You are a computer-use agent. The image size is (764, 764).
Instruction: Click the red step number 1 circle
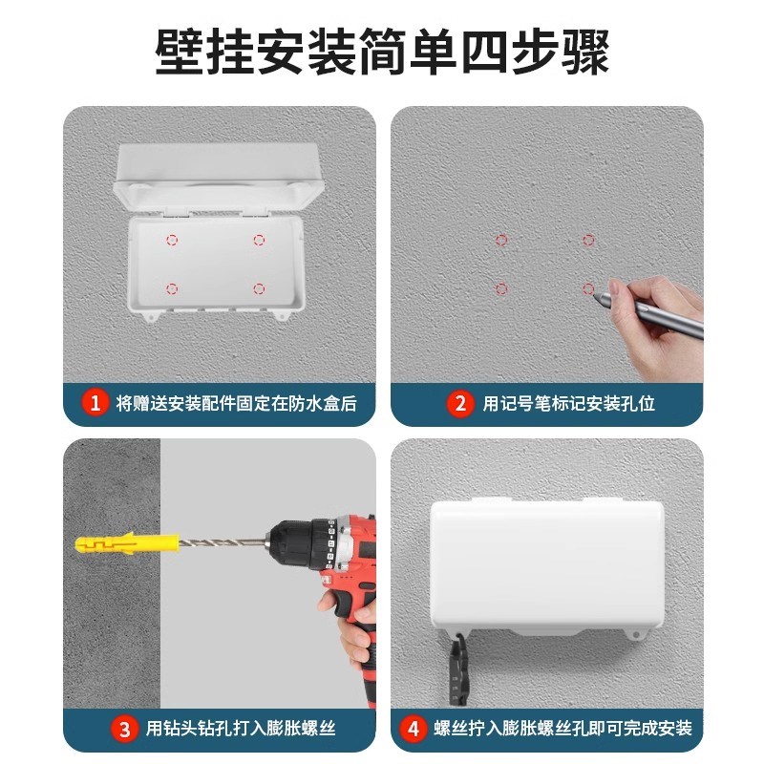[95, 403]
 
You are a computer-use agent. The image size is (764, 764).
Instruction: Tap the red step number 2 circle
[461, 403]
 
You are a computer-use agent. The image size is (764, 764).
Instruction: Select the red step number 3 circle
[124, 730]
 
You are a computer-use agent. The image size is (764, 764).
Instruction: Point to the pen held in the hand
[649, 314]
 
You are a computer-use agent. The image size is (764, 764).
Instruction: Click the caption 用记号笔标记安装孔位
[569, 404]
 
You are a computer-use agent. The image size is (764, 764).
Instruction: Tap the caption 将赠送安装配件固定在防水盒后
[236, 404]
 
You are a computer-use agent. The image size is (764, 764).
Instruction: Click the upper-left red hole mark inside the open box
[172, 240]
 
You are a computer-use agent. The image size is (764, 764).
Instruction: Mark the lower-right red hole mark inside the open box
[258, 287]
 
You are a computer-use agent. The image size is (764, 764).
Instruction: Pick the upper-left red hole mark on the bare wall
[501, 240]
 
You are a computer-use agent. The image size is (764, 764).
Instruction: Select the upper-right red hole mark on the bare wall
[588, 240]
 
